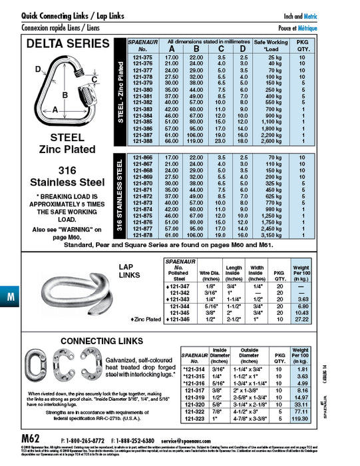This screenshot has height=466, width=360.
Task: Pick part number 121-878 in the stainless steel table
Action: [x=143, y=234]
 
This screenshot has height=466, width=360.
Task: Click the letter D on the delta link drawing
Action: [x=39, y=67]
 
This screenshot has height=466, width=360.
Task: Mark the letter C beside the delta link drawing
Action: [x=95, y=81]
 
